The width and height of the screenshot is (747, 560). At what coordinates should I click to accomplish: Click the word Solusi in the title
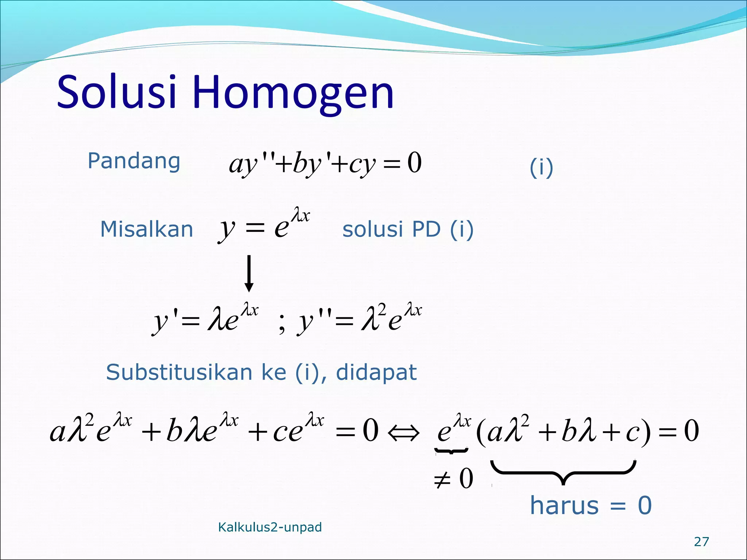[x=117, y=92]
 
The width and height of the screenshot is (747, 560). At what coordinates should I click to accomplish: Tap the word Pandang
[x=134, y=161]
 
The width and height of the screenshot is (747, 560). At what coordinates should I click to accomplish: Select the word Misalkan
[x=146, y=229]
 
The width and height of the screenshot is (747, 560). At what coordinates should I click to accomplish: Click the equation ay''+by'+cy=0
[x=325, y=164]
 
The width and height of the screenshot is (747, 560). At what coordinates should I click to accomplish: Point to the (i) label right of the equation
[x=541, y=168]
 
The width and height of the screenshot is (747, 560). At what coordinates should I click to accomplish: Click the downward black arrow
[x=249, y=273]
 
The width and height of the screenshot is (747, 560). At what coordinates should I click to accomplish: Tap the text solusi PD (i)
[x=408, y=229]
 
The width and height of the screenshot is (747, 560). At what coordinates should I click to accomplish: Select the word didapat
[x=376, y=372]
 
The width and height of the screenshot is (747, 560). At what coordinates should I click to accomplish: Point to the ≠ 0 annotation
[x=453, y=479]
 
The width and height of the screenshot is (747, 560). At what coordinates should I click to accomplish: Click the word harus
[x=564, y=505]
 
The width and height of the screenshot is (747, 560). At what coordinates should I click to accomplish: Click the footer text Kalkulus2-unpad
[x=270, y=527]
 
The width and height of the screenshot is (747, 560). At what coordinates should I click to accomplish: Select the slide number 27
[x=701, y=542]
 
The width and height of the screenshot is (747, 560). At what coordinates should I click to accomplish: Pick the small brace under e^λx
[x=451, y=451]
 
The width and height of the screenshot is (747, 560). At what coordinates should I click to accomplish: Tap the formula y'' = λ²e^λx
[x=359, y=318]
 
